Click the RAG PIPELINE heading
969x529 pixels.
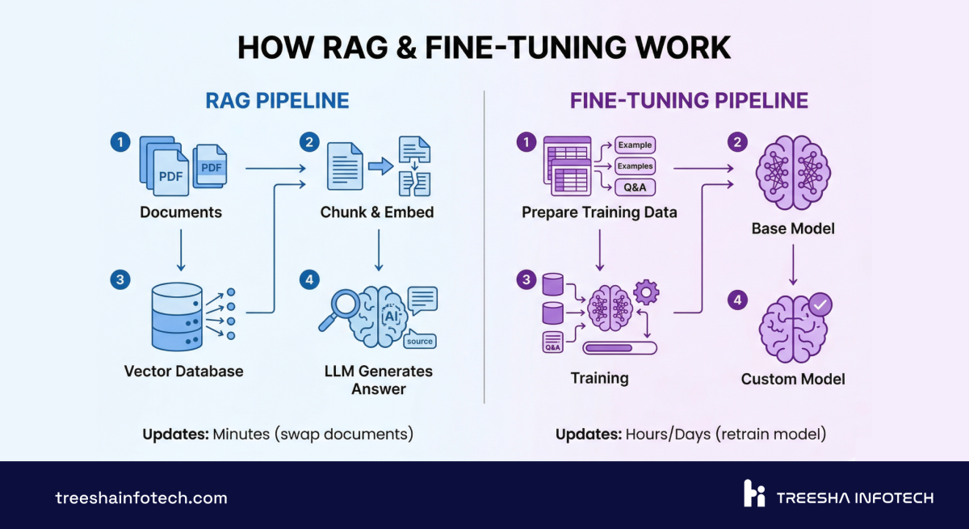(x=277, y=101)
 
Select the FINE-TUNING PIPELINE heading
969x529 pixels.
(x=689, y=101)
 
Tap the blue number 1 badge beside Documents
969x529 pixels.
(x=120, y=142)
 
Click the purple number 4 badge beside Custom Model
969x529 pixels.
(x=736, y=300)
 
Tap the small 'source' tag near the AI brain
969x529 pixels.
(x=420, y=341)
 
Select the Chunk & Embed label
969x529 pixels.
(x=377, y=212)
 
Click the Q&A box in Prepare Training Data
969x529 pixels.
(x=634, y=187)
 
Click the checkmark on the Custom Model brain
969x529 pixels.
(x=821, y=305)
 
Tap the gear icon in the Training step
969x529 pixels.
(x=647, y=292)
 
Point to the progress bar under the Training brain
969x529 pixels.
(x=619, y=348)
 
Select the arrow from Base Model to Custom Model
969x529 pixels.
(x=793, y=264)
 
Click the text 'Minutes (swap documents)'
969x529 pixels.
(x=313, y=434)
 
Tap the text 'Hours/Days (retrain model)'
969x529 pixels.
(x=726, y=434)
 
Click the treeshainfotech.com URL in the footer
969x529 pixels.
(x=141, y=498)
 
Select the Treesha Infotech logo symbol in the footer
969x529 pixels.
(x=753, y=493)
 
